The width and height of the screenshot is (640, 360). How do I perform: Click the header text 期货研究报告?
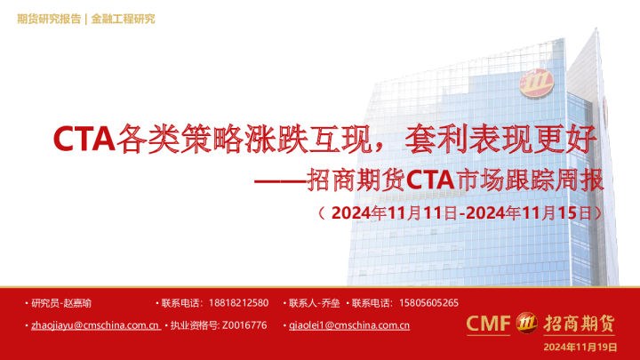tap(49, 19)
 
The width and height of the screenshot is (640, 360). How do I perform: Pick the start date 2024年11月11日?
tap(393, 213)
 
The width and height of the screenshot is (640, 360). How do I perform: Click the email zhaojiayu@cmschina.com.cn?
tap(94, 325)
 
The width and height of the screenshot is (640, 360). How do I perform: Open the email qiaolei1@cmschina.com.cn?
tap(349, 325)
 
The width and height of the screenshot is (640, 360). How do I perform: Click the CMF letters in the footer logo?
tap(489, 323)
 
